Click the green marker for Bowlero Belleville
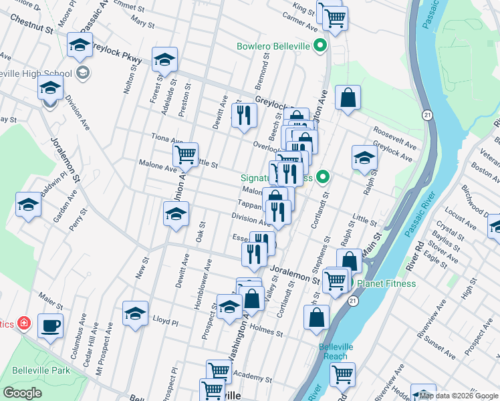pos(320,46)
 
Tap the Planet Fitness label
pos(386,283)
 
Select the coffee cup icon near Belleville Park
pos(50,326)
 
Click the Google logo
pos(23,392)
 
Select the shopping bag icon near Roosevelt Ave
pos(348,98)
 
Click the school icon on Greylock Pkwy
pos(164,60)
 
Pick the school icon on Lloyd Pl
pos(135,313)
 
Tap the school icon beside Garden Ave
pos(28,205)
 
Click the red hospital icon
pos(25,324)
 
